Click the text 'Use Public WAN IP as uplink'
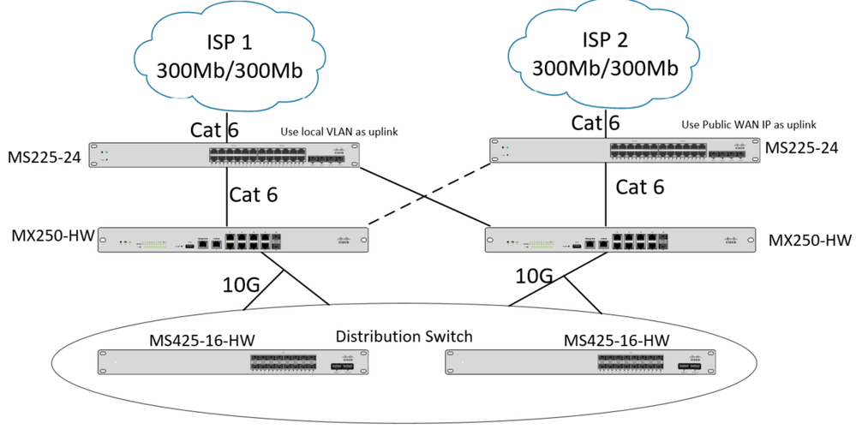point(749,123)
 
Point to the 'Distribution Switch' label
point(403,337)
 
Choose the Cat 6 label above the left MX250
point(254,195)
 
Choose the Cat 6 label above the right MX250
point(640,187)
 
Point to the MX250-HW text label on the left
point(51,235)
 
